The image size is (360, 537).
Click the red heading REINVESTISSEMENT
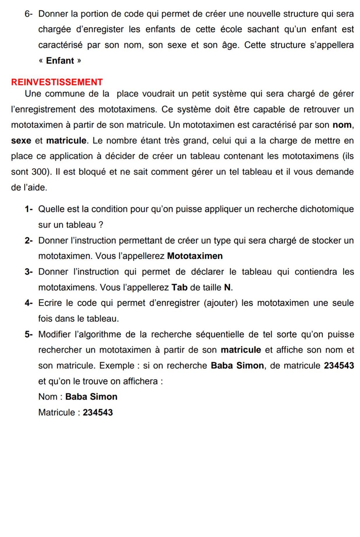57,82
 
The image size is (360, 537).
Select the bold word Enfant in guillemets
60,61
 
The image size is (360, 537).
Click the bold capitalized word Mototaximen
195,256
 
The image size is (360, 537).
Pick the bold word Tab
179,287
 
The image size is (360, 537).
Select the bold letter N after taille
227,287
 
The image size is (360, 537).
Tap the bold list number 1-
29,209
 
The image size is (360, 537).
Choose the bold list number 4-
29,303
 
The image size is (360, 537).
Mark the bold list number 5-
29,334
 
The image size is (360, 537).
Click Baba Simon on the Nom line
91,397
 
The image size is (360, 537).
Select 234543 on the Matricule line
98,412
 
